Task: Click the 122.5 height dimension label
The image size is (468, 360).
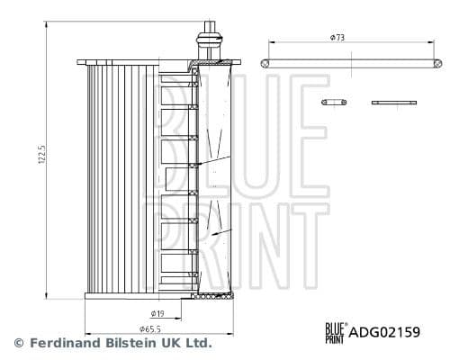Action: pos(42,154)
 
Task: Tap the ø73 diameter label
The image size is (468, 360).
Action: pos(337,38)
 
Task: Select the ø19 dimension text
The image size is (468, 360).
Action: pos(157,314)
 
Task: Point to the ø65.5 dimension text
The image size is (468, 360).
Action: pos(150,329)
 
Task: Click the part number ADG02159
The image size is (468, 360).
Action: pos(384,332)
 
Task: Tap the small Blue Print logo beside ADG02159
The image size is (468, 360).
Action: pos(336,333)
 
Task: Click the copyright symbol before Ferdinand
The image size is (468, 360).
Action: pos(19,343)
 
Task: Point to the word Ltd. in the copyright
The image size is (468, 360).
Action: pos(198,343)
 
